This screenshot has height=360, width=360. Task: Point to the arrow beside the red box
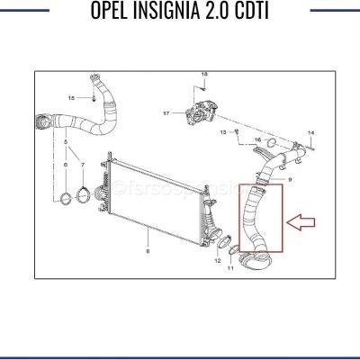pos(301,220)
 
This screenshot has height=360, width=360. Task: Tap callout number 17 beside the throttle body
pos(166,114)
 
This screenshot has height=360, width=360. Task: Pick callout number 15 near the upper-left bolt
pos(71,97)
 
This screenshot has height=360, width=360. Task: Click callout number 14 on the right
pos(310,132)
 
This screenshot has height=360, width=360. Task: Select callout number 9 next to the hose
pos(288,180)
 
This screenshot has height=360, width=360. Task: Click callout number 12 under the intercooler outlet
pos(217,260)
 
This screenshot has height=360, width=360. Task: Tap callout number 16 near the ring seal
pos(257,141)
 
